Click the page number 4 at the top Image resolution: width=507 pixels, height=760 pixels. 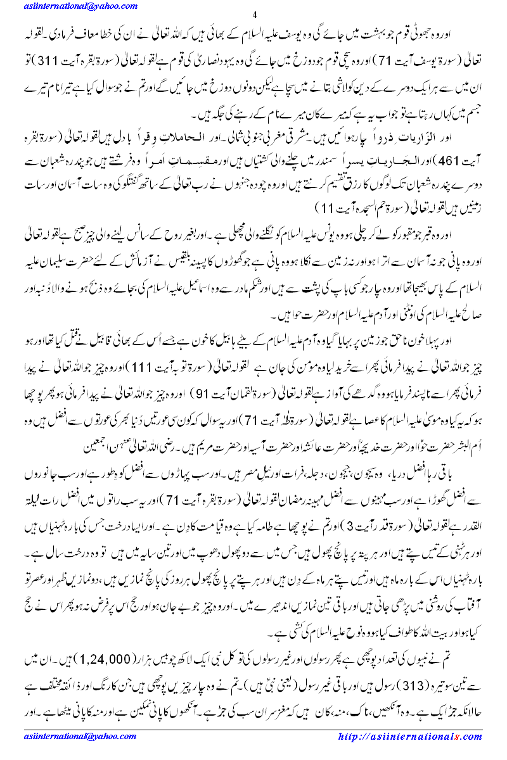253,15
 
